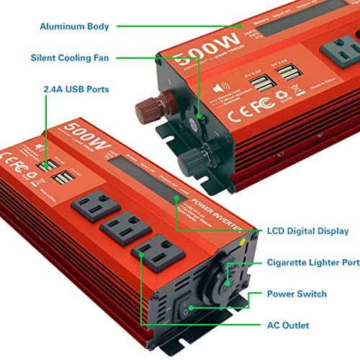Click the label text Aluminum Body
(x=76, y=27)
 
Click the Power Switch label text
(x=297, y=294)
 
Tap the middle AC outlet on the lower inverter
(x=120, y=231)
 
